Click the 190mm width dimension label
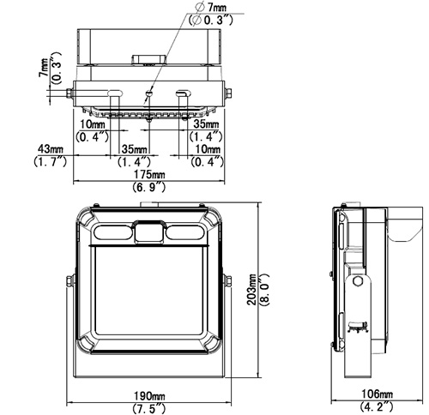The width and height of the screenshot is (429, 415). point(149,396)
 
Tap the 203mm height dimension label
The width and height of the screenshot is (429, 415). point(251,290)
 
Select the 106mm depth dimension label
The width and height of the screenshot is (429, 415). point(378,394)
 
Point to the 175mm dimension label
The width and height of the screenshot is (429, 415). point(149,174)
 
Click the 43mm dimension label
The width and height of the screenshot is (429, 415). point(51,148)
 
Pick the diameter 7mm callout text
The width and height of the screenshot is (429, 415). point(212,7)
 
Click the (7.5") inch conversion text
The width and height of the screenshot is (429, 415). point(149,408)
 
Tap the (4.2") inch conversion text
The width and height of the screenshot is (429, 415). point(377,406)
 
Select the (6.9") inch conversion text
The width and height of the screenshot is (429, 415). point(149,187)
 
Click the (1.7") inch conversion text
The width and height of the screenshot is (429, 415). point(51,161)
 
